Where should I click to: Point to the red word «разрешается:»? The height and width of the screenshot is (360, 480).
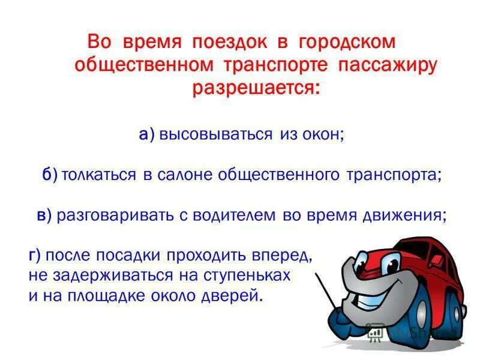(256, 88)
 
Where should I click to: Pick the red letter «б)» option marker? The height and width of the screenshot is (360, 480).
(50, 175)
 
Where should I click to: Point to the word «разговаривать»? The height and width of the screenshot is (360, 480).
(115, 216)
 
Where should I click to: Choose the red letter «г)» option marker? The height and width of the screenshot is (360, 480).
(34, 256)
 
